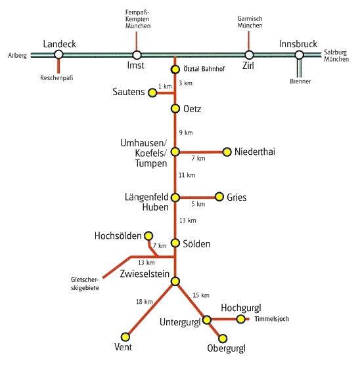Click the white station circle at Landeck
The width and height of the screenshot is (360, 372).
[x=58, y=54]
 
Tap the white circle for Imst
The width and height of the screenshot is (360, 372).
[x=137, y=55]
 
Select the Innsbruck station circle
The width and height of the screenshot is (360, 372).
[x=299, y=55]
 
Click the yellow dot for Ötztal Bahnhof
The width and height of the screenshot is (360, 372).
[x=175, y=70]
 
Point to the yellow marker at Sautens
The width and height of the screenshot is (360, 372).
[x=152, y=93]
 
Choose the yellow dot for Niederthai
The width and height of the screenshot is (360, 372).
[x=227, y=152]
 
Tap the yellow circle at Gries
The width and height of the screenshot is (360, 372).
[x=219, y=197]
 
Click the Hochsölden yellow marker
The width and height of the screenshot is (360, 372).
[x=148, y=236]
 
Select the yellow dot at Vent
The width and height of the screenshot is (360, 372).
[x=125, y=337]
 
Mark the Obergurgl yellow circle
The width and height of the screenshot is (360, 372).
[x=223, y=339]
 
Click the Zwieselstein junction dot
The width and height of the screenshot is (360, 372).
[x=175, y=281]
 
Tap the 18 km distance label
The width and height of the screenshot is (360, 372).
[x=145, y=302]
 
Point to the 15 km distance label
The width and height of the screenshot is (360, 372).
[x=201, y=295]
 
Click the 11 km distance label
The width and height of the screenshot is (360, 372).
[x=187, y=175]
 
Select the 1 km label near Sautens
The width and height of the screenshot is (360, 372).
[x=165, y=87]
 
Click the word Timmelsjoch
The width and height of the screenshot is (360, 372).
[x=271, y=319]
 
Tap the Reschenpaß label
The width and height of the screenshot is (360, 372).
[x=56, y=78]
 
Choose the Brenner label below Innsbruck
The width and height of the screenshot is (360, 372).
[x=300, y=81]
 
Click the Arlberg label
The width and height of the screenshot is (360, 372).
[x=17, y=56]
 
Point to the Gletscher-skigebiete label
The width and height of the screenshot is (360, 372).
[x=85, y=283]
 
